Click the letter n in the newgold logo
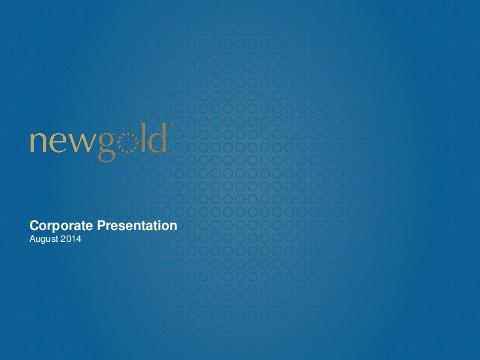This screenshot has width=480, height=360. (x=38, y=142)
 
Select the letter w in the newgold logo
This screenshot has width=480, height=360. (x=81, y=142)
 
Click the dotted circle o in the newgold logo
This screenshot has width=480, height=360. (x=128, y=143)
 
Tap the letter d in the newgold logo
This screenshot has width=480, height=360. (x=158, y=137)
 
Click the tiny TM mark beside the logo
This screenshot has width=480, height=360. (x=171, y=124)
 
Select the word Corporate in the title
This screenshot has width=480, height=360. (x=61, y=226)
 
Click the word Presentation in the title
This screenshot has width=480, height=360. (x=137, y=225)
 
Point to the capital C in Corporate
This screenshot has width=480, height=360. (x=34, y=225)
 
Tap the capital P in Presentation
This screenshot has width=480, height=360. (x=101, y=225)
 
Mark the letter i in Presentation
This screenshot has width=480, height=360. (x=159, y=225)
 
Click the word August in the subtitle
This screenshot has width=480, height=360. (x=44, y=239)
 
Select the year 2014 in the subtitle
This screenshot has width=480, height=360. (x=71, y=239)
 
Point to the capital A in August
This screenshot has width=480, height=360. (x=32, y=239)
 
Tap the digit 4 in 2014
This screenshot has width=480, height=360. (x=79, y=239)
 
